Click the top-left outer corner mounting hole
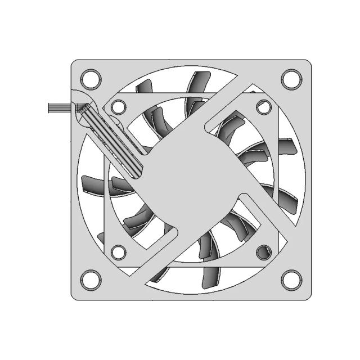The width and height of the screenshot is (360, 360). click(x=91, y=77)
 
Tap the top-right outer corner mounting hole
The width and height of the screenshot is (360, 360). click(x=290, y=78)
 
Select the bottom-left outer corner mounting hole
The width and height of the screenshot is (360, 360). click(x=91, y=278)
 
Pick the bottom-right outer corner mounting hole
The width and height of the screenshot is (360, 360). click(x=290, y=278)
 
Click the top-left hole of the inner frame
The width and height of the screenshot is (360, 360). click(x=118, y=105)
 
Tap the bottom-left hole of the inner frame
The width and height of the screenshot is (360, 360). click(x=118, y=251)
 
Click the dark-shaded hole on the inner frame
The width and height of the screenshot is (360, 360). click(x=263, y=251)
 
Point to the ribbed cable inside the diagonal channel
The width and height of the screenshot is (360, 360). click(x=112, y=141)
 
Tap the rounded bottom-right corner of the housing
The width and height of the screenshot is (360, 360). click(x=307, y=294)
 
